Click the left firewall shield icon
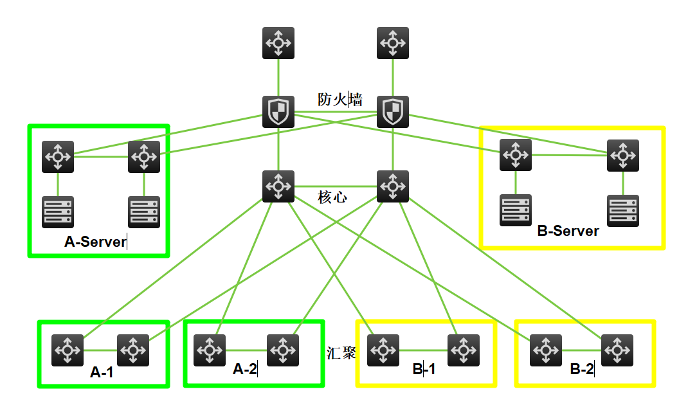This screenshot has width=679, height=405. click(278, 112)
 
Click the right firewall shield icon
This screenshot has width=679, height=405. click(392, 112)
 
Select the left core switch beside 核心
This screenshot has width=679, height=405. click(278, 186)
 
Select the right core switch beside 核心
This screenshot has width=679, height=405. click(392, 186)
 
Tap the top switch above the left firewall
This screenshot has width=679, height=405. click(278, 43)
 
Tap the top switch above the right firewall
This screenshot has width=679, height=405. click(392, 43)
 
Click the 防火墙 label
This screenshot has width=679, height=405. click(339, 100)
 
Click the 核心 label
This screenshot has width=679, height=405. click(332, 197)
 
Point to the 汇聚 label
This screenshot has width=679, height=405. click(341, 352)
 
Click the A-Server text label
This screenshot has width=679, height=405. click(95, 242)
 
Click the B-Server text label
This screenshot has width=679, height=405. click(568, 231)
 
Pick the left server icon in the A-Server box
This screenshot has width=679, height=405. click(58, 212)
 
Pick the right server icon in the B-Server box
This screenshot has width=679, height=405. click(623, 211)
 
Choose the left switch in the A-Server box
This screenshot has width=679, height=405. click(58, 157)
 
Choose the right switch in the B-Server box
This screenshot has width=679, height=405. click(623, 155)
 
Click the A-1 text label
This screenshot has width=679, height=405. click(102, 372)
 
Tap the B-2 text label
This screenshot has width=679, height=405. click(582, 370)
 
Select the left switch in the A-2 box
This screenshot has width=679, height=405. click(209, 350)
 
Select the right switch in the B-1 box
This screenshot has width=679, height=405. click(463, 351)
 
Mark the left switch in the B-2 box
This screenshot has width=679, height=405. click(546, 350)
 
